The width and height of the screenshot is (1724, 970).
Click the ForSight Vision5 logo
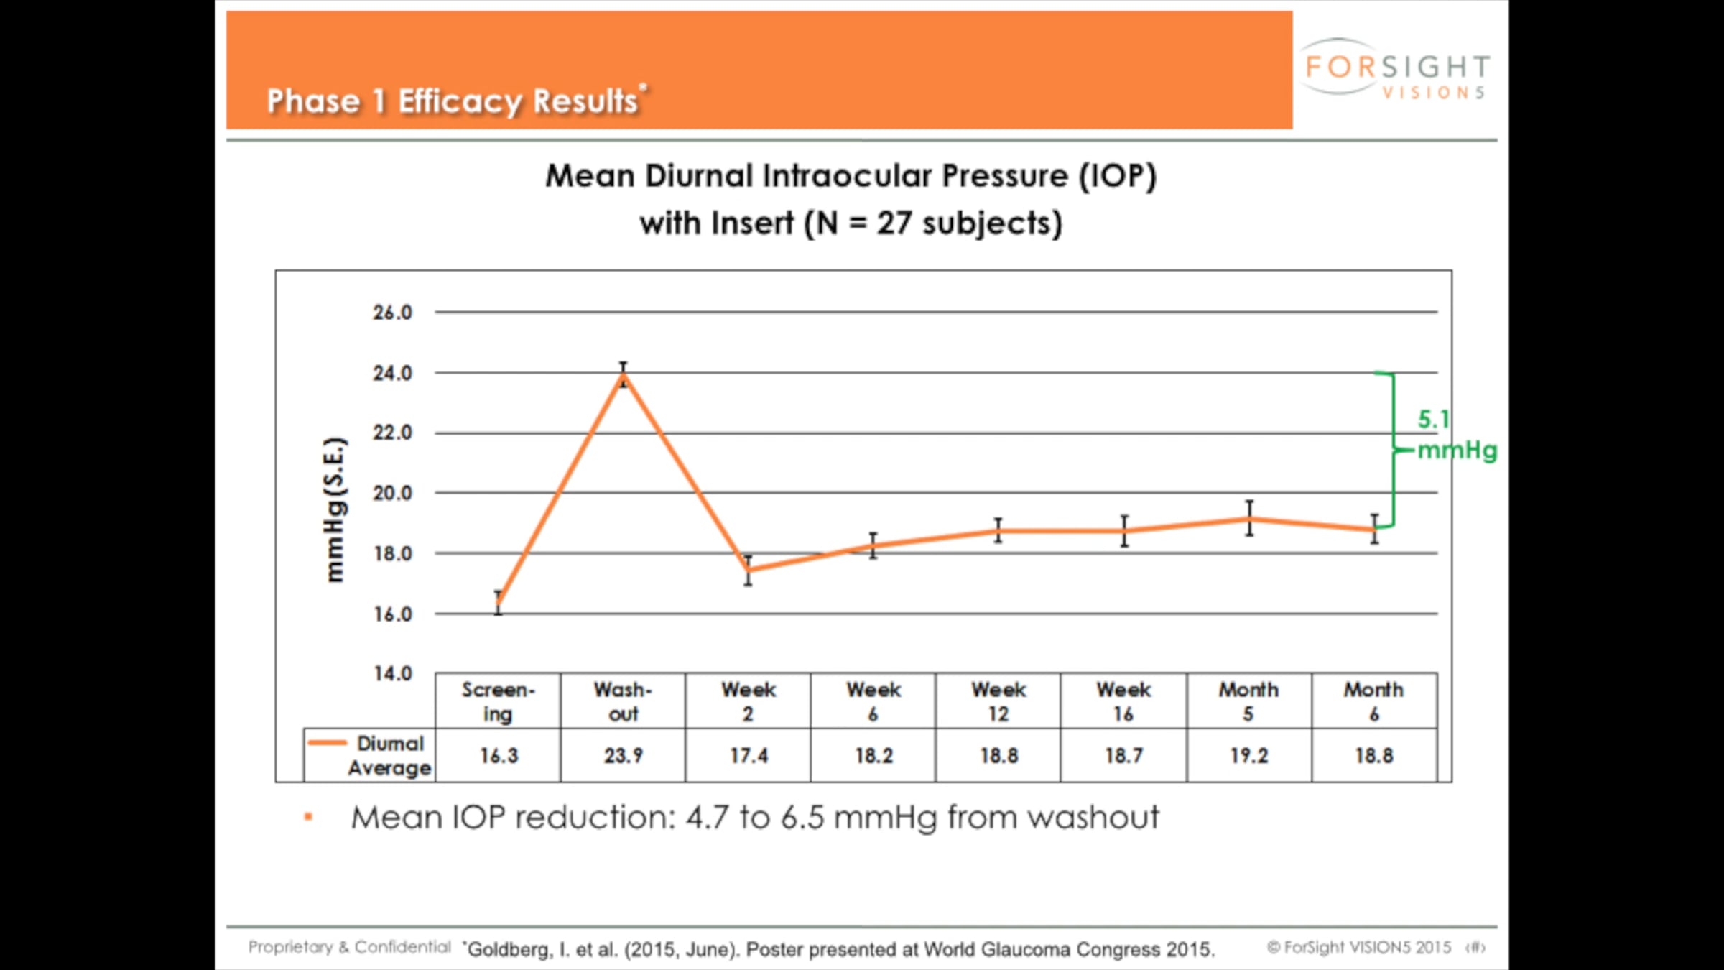coord(1396,69)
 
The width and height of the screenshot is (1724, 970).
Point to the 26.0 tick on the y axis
coord(392,313)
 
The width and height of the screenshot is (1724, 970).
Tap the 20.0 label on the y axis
coord(392,494)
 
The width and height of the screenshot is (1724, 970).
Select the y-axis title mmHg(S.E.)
coord(335,509)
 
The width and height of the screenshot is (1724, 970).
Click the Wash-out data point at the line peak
coord(624,375)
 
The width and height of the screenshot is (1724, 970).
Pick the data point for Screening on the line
coord(499,603)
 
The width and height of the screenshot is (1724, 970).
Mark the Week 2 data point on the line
coord(748,571)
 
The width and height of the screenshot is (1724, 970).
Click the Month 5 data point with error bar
coord(1250,518)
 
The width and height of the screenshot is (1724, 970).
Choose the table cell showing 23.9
coord(624,756)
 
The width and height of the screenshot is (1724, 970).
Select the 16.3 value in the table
coord(499,756)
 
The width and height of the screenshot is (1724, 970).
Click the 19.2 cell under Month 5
coord(1249,756)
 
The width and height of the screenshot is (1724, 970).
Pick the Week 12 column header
coord(998,701)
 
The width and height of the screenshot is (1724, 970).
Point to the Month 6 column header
coord(1373,701)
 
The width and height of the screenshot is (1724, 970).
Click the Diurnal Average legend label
coord(390,755)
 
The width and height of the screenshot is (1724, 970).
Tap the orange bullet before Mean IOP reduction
coord(308,817)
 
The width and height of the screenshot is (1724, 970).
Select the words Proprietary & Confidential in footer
coord(350,947)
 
